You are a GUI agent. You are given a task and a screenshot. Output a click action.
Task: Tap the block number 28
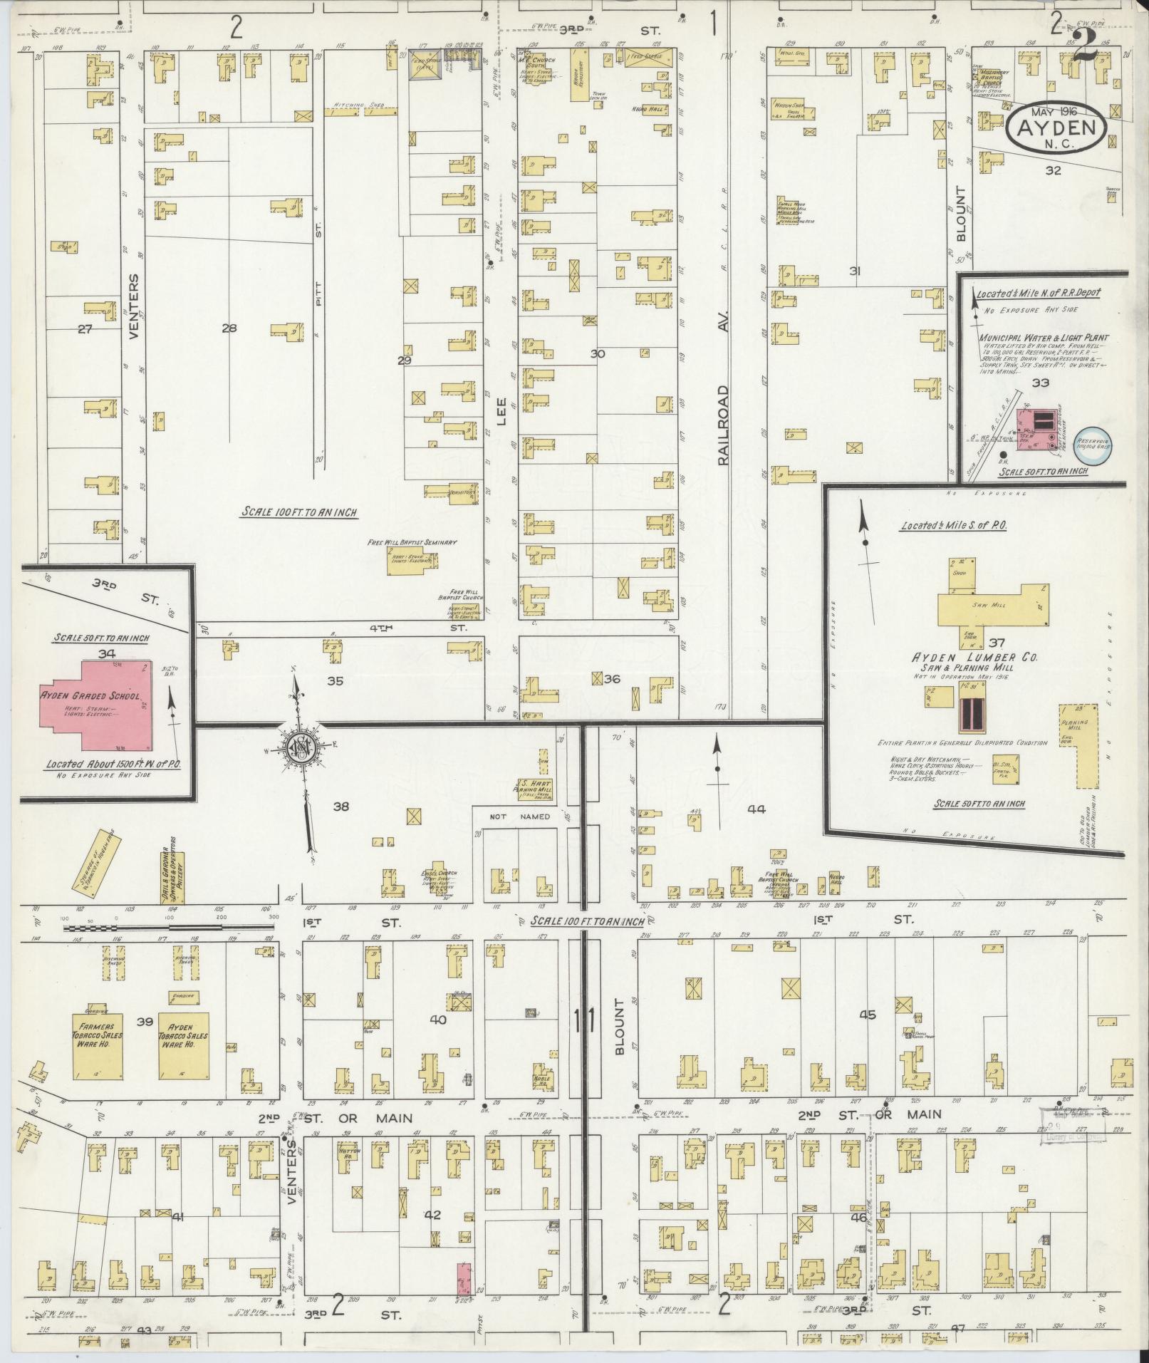pyautogui.click(x=229, y=328)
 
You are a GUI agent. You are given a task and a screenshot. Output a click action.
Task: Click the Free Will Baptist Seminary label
pyautogui.click(x=412, y=542)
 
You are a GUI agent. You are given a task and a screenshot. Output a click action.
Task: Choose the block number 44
pyautogui.click(x=756, y=809)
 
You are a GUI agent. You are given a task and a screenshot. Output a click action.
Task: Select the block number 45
pyautogui.click(x=867, y=1015)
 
